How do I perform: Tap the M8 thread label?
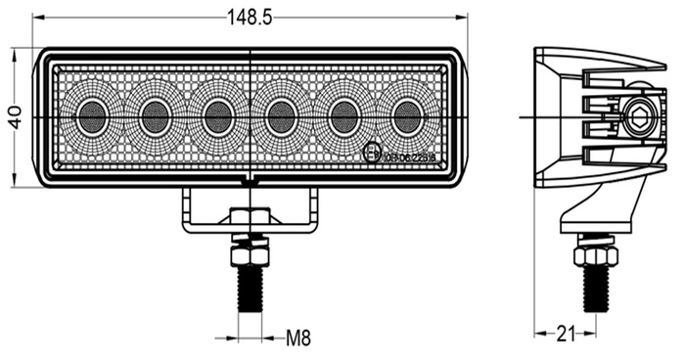[x=298, y=339]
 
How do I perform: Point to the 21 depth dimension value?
[x=565, y=335]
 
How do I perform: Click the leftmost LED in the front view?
[x=92, y=117]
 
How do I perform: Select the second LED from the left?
[x=155, y=117]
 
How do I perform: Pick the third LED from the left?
[x=217, y=117]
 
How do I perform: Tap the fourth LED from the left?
[x=281, y=117]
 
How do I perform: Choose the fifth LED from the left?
[x=343, y=117]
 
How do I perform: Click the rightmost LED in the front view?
[x=406, y=117]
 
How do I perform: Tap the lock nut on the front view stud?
[x=250, y=253]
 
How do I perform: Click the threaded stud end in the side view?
[x=595, y=290]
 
